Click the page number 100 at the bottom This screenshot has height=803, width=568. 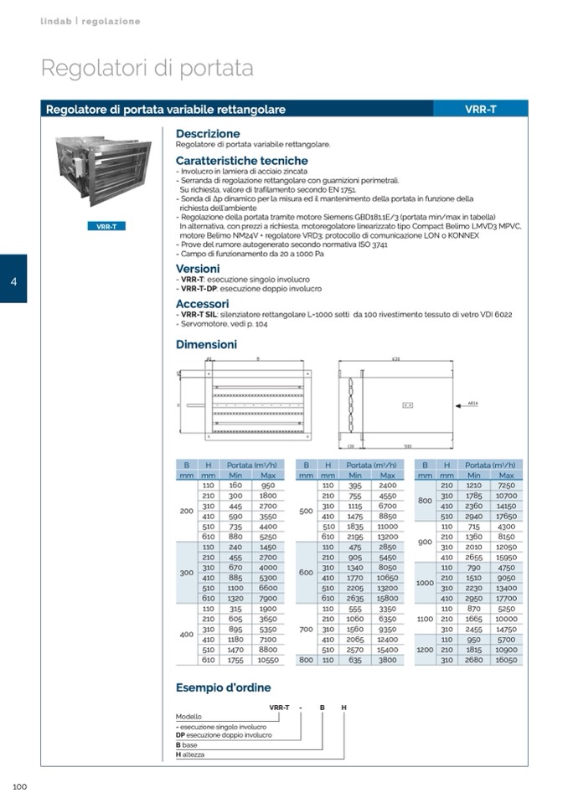coord(20,786)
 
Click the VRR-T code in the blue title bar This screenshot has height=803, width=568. coord(480,110)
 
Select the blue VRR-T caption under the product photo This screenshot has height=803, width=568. coord(106,226)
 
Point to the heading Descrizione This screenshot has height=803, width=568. coord(208,134)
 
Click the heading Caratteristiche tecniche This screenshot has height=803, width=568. coord(241,161)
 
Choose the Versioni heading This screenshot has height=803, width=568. coord(198,269)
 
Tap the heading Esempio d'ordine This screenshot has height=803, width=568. coord(223,687)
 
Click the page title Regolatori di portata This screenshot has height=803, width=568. coord(147,68)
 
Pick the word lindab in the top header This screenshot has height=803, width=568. coord(56,21)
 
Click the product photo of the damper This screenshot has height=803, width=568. coord(104,173)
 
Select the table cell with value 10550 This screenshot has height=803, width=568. coord(267,660)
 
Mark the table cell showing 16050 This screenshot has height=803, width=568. coord(505,660)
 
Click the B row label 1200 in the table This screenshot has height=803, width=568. coord(425,649)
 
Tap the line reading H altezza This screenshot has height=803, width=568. coord(192,754)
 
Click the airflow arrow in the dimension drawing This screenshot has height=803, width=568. coord(469,404)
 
